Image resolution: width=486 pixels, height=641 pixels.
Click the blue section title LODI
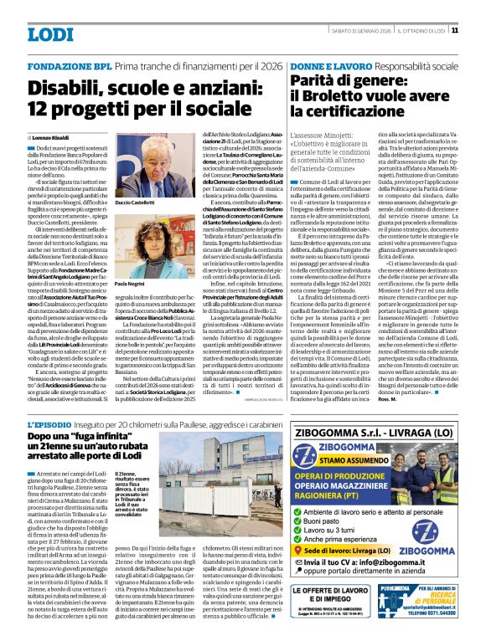pyautogui.click(x=49, y=34)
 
